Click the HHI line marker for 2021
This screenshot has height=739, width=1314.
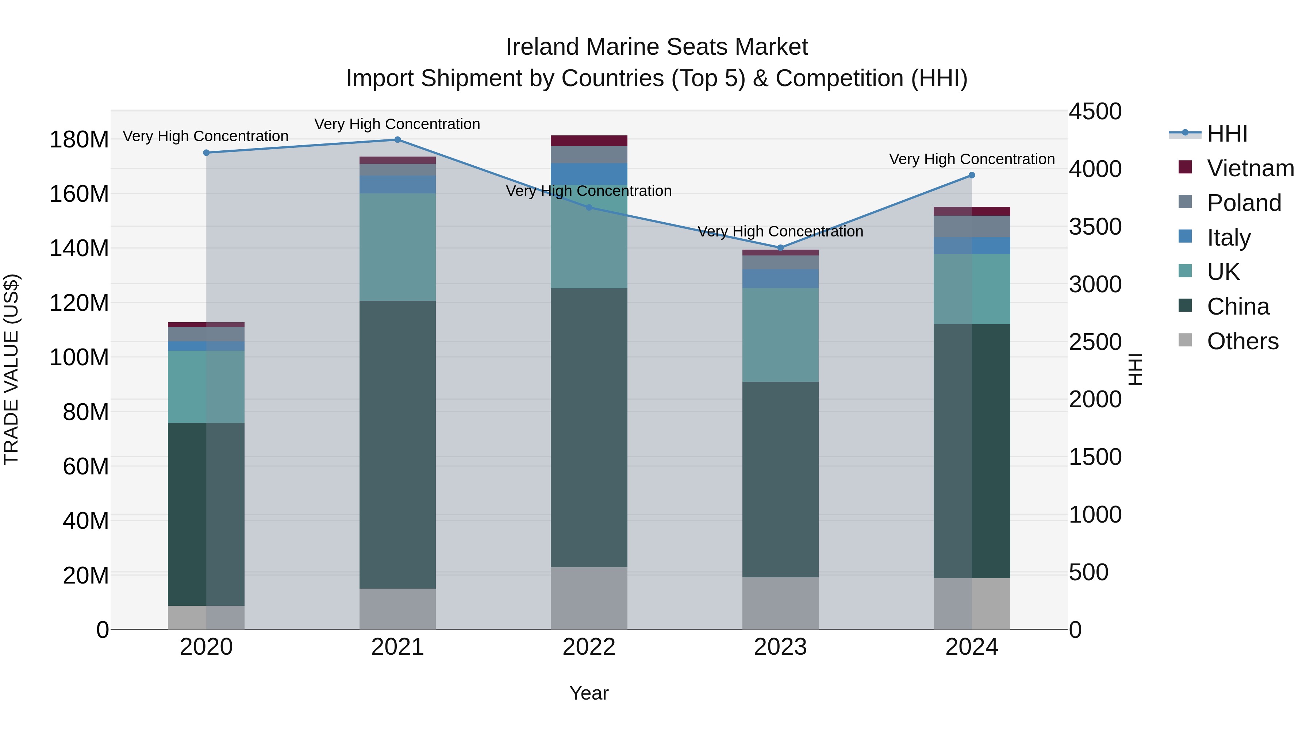coord(397,140)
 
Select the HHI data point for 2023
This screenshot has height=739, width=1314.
coord(780,248)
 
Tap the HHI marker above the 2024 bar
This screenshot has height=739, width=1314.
coord(971,176)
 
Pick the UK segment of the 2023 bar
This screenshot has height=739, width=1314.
coord(780,335)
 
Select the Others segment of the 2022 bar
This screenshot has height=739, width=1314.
coord(589,598)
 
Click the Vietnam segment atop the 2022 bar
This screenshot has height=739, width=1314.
coord(589,141)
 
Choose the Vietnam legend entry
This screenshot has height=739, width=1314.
coord(1250,168)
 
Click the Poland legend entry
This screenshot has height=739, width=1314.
coord(1244,203)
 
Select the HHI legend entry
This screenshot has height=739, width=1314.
coord(1227,134)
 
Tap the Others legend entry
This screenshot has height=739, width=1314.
coord(1242,341)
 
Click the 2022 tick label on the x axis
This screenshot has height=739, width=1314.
coord(589,647)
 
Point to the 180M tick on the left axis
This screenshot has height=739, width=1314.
coord(79,139)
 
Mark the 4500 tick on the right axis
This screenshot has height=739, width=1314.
coord(1095,111)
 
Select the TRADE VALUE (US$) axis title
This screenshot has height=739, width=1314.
coord(11,369)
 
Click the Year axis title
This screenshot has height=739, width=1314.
coord(589,693)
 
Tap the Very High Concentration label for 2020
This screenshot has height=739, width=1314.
coord(205,136)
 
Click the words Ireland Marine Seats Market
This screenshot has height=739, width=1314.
coord(657,47)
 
